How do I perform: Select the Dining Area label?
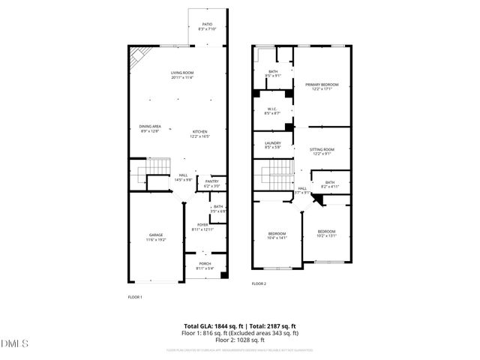[150, 128]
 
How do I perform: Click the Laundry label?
[273, 145]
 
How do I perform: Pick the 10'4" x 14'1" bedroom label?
[277, 236]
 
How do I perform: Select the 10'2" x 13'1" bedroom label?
[326, 232]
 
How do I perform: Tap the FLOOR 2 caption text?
[259, 284]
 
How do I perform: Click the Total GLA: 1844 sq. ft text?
[212, 326]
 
